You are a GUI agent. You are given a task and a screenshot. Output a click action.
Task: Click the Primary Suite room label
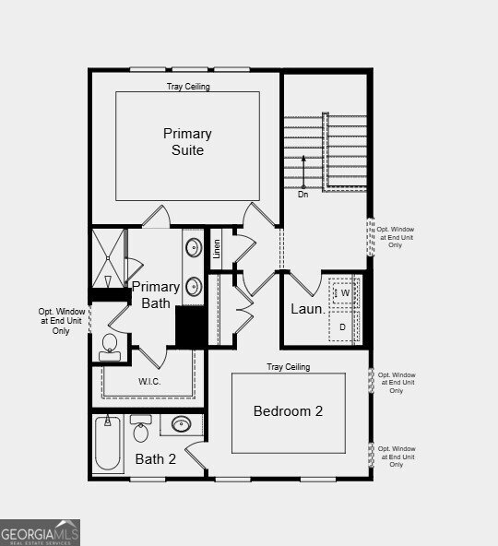point(187,142)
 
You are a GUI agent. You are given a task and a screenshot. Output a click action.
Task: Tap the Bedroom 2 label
point(288,411)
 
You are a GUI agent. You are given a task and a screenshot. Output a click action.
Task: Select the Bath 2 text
point(155,459)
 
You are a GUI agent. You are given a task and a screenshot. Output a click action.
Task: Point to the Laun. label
point(308,309)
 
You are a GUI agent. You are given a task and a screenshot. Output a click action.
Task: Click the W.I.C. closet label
point(149,381)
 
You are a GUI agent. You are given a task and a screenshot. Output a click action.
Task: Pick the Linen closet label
point(217,249)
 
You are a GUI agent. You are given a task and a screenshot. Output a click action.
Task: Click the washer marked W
point(343,292)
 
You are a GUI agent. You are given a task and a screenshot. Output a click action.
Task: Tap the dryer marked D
point(343,326)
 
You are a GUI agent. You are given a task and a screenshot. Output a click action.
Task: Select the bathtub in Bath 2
point(108,444)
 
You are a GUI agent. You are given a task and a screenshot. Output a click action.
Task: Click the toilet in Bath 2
point(141,428)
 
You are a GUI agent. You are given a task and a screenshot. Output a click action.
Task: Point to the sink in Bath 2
point(182,424)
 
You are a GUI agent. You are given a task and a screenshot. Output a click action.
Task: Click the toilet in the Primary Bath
point(110,348)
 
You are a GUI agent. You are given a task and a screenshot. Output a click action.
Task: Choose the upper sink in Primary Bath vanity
point(194,247)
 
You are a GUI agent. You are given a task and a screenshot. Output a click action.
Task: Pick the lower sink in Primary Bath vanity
point(194,287)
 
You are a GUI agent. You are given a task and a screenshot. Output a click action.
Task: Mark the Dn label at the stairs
point(303,195)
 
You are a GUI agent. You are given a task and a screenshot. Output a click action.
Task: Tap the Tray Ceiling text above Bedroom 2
point(289,367)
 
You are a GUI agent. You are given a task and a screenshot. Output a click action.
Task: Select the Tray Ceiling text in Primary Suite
point(188,87)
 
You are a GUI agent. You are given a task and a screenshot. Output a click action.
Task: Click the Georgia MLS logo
point(40,533)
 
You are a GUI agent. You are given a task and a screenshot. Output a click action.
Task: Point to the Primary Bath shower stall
point(108,258)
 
